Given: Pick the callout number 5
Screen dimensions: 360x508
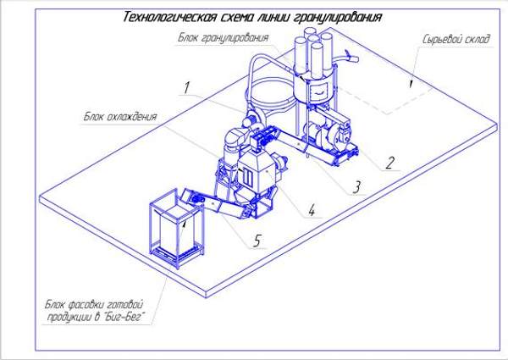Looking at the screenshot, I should click(257, 241).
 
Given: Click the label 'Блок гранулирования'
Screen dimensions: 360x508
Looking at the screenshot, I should click(224, 38).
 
